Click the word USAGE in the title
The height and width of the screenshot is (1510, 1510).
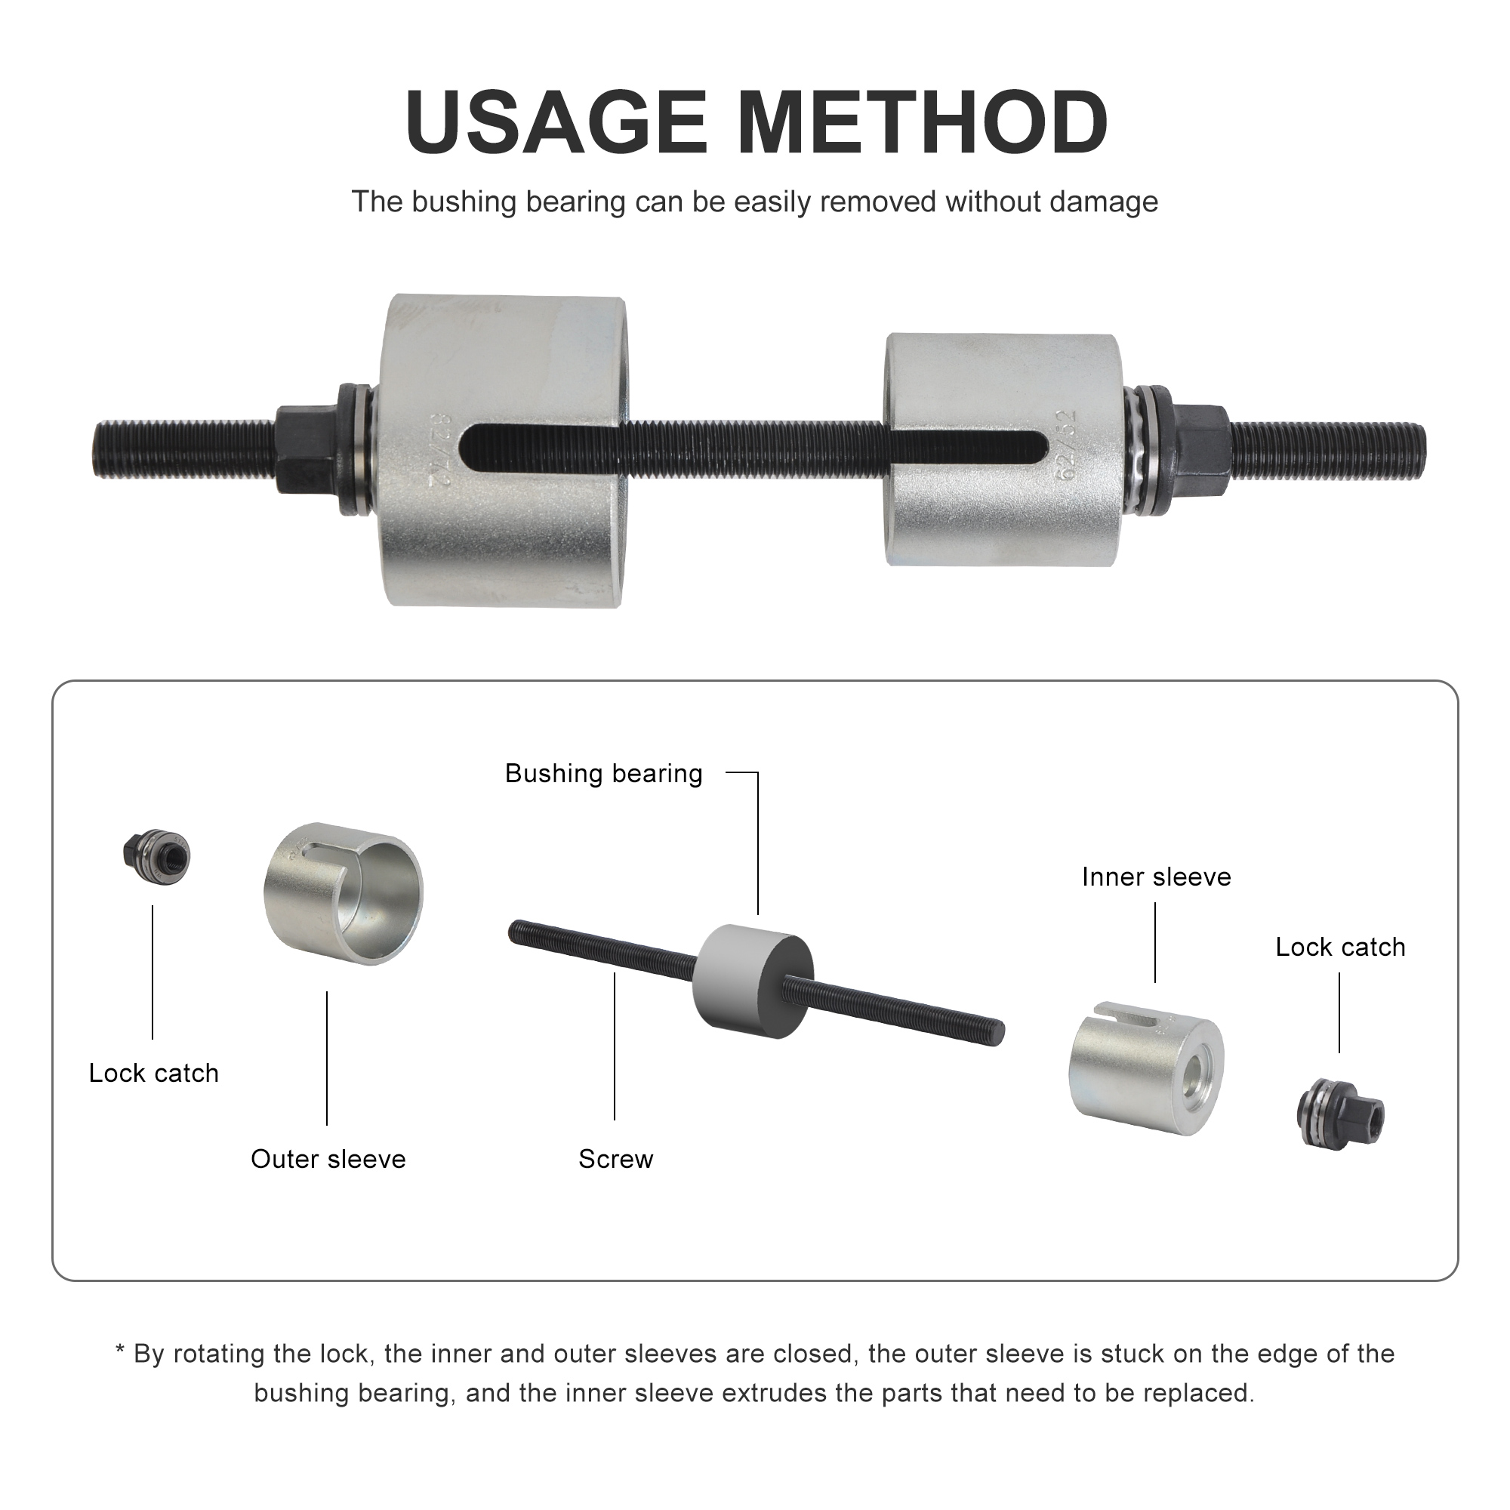click(556, 124)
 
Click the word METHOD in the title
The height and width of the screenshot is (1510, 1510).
click(923, 124)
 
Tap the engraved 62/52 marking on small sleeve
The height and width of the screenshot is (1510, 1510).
click(1066, 445)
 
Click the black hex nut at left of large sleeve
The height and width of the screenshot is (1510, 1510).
click(304, 448)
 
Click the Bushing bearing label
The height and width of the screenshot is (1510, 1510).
click(603, 774)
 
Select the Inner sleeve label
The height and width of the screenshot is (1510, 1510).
click(1156, 877)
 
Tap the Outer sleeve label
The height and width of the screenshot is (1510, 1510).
click(328, 1159)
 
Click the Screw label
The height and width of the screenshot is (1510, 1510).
click(616, 1159)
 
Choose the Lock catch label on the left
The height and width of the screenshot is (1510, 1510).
click(154, 1073)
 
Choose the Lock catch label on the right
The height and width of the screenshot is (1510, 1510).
click(1339, 948)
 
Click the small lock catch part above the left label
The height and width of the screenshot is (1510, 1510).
click(157, 856)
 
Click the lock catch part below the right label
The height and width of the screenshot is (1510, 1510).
click(1339, 1112)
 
